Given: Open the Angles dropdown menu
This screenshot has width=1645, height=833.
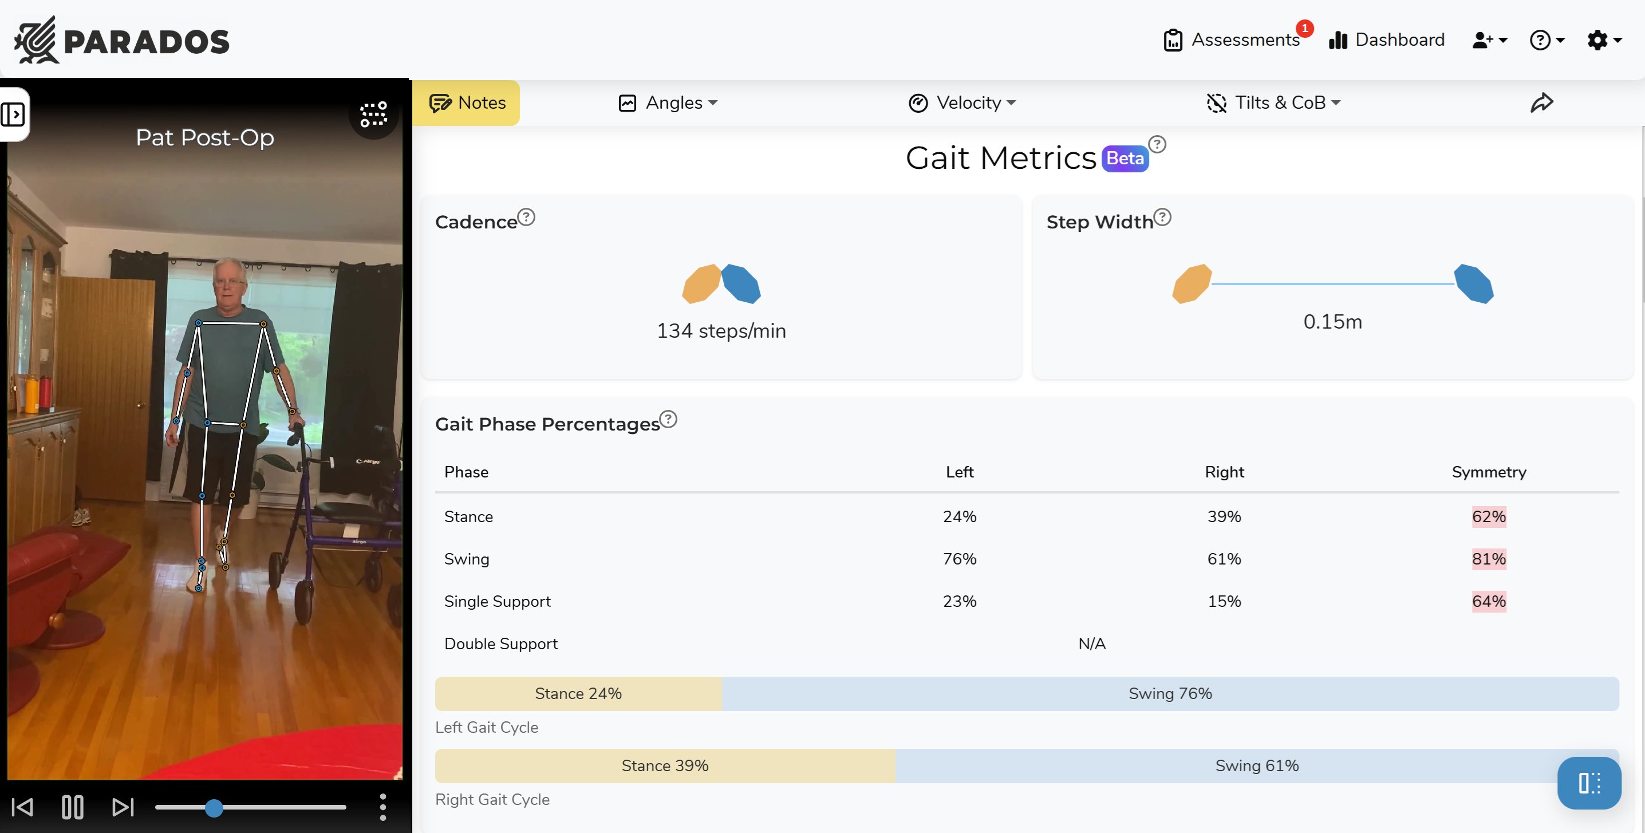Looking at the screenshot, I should click(669, 103).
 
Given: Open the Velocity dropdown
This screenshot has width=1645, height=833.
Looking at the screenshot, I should click(962, 103).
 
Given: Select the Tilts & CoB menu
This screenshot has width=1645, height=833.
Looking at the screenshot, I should click(1274, 103).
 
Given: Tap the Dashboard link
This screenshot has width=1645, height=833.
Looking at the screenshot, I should click(1386, 40).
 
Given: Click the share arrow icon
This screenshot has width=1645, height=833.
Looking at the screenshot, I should click(1541, 103).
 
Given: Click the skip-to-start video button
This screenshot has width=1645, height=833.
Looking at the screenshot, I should click(23, 807).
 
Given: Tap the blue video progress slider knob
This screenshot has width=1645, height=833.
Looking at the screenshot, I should click(215, 808).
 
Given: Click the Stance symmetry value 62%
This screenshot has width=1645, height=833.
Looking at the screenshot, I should click(1489, 516).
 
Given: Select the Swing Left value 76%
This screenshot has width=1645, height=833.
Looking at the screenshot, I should click(959, 559).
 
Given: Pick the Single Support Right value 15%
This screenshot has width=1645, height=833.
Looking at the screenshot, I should click(1224, 601).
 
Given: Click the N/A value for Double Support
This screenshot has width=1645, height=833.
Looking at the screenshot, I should click(1092, 643).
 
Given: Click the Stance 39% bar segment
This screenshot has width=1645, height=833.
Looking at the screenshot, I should click(665, 765).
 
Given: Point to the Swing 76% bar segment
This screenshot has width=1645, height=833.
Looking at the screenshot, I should click(1170, 693).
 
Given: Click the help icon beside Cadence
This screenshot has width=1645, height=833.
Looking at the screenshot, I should click(526, 217).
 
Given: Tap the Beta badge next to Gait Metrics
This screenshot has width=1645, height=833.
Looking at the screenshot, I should click(1125, 159).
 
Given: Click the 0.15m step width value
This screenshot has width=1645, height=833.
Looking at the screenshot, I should click(1333, 322).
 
